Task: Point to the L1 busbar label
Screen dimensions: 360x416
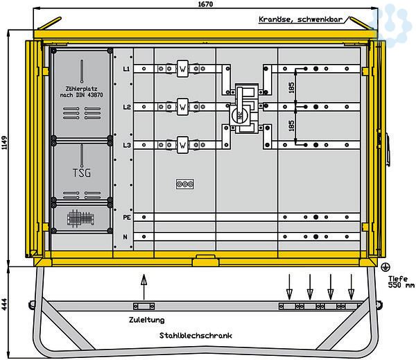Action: click(x=126, y=69)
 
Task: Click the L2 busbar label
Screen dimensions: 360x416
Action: click(x=126, y=108)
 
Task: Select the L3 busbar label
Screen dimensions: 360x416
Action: click(x=126, y=145)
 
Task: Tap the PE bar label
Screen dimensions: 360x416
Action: click(x=126, y=218)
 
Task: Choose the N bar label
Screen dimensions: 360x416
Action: click(x=126, y=237)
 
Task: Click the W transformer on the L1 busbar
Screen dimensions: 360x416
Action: click(x=182, y=69)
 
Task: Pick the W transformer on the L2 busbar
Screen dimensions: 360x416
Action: click(x=182, y=108)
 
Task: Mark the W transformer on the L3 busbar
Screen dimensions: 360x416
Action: click(x=182, y=145)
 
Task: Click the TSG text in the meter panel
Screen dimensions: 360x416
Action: click(x=81, y=172)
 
